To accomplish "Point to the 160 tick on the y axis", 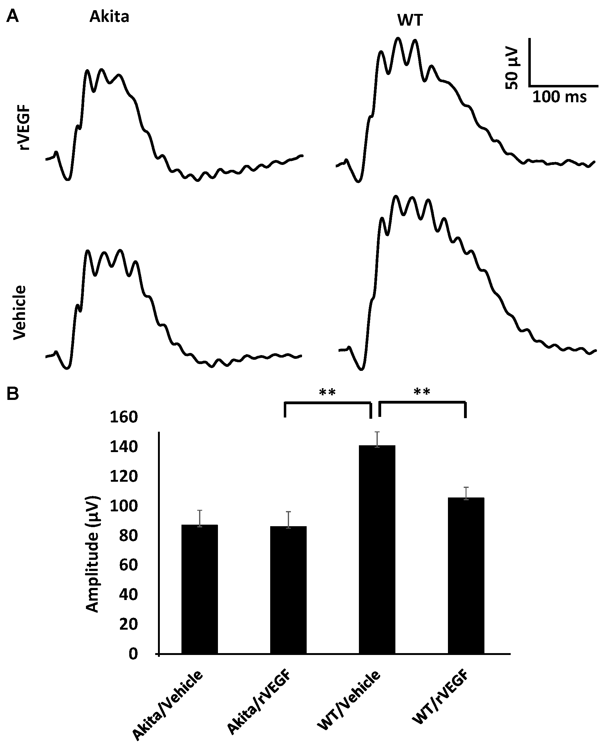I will (x=123, y=417).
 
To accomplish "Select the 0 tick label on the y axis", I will (x=133, y=654).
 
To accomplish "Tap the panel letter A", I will (x=13, y=16).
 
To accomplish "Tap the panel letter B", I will (x=13, y=394).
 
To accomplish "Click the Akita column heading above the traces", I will (x=109, y=17).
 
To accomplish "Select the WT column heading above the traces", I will (x=410, y=21).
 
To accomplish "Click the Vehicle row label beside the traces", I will (x=20, y=312).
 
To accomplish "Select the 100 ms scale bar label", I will (x=559, y=97).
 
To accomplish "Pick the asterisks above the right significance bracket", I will (x=422, y=392).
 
